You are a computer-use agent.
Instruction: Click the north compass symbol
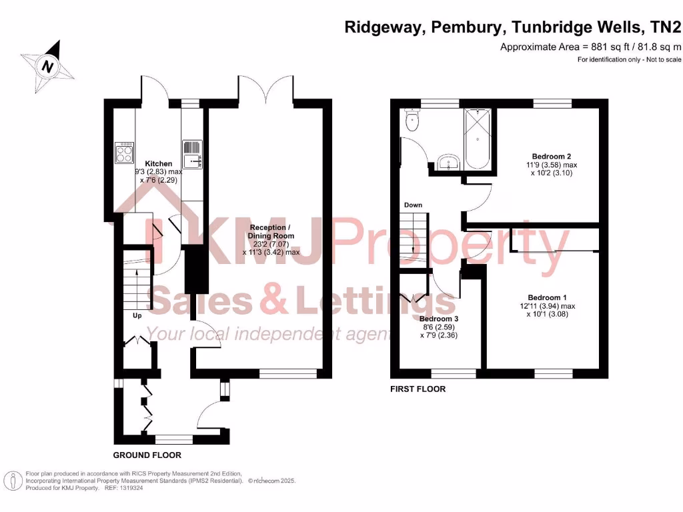pos(48,66)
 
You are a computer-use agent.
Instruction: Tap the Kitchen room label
pos(159,163)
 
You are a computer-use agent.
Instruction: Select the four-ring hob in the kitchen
pos(125,153)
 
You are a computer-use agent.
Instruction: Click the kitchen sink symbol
pos(191,153)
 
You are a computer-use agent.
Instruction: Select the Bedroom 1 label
pos(547,297)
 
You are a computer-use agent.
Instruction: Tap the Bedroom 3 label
pos(439,319)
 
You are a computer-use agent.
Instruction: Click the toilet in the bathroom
pos(412,122)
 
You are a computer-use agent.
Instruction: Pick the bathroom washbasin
pos(448,161)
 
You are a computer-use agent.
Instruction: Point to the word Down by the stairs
pos(413,205)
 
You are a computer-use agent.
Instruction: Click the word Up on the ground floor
pos(137,315)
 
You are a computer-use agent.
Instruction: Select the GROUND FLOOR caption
pos(147,455)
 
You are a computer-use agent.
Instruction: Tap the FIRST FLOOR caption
pos(418,389)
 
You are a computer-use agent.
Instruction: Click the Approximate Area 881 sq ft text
pos(590,47)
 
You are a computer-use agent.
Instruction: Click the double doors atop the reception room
pos(265,90)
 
